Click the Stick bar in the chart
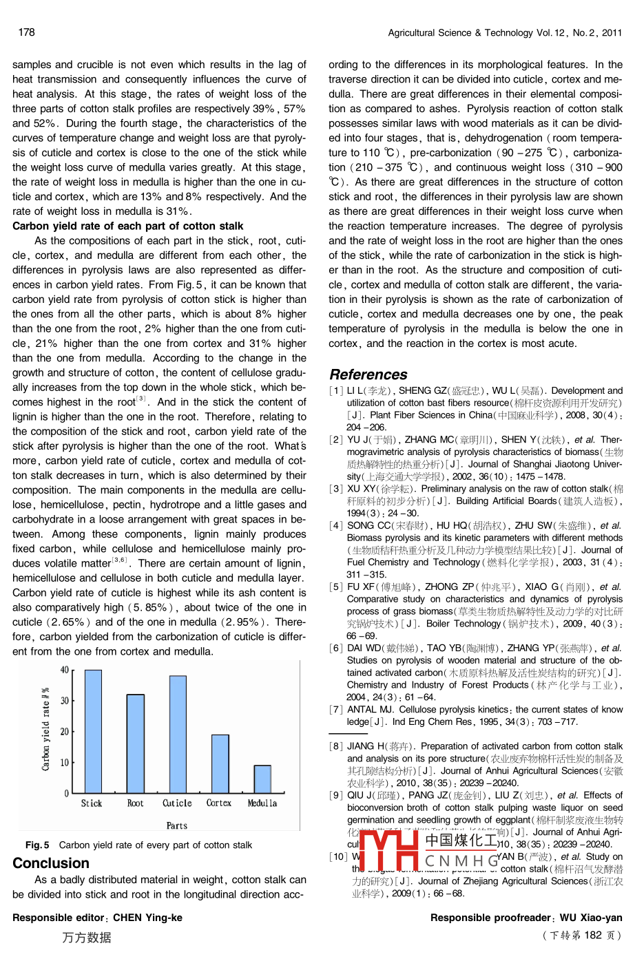(93, 731)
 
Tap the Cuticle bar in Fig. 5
(178, 735)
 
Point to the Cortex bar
(220, 764)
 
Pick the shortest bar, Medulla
(262, 779)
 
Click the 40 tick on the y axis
(65, 670)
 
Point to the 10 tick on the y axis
(65, 763)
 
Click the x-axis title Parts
(177, 825)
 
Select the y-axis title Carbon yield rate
(46, 728)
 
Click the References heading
(368, 374)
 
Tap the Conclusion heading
(51, 863)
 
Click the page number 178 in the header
(27, 32)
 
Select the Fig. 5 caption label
(37, 845)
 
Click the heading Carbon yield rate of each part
(127, 226)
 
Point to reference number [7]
(335, 710)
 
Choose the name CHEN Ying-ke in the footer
(147, 918)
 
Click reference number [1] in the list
(335, 391)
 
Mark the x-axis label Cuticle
(177, 803)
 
